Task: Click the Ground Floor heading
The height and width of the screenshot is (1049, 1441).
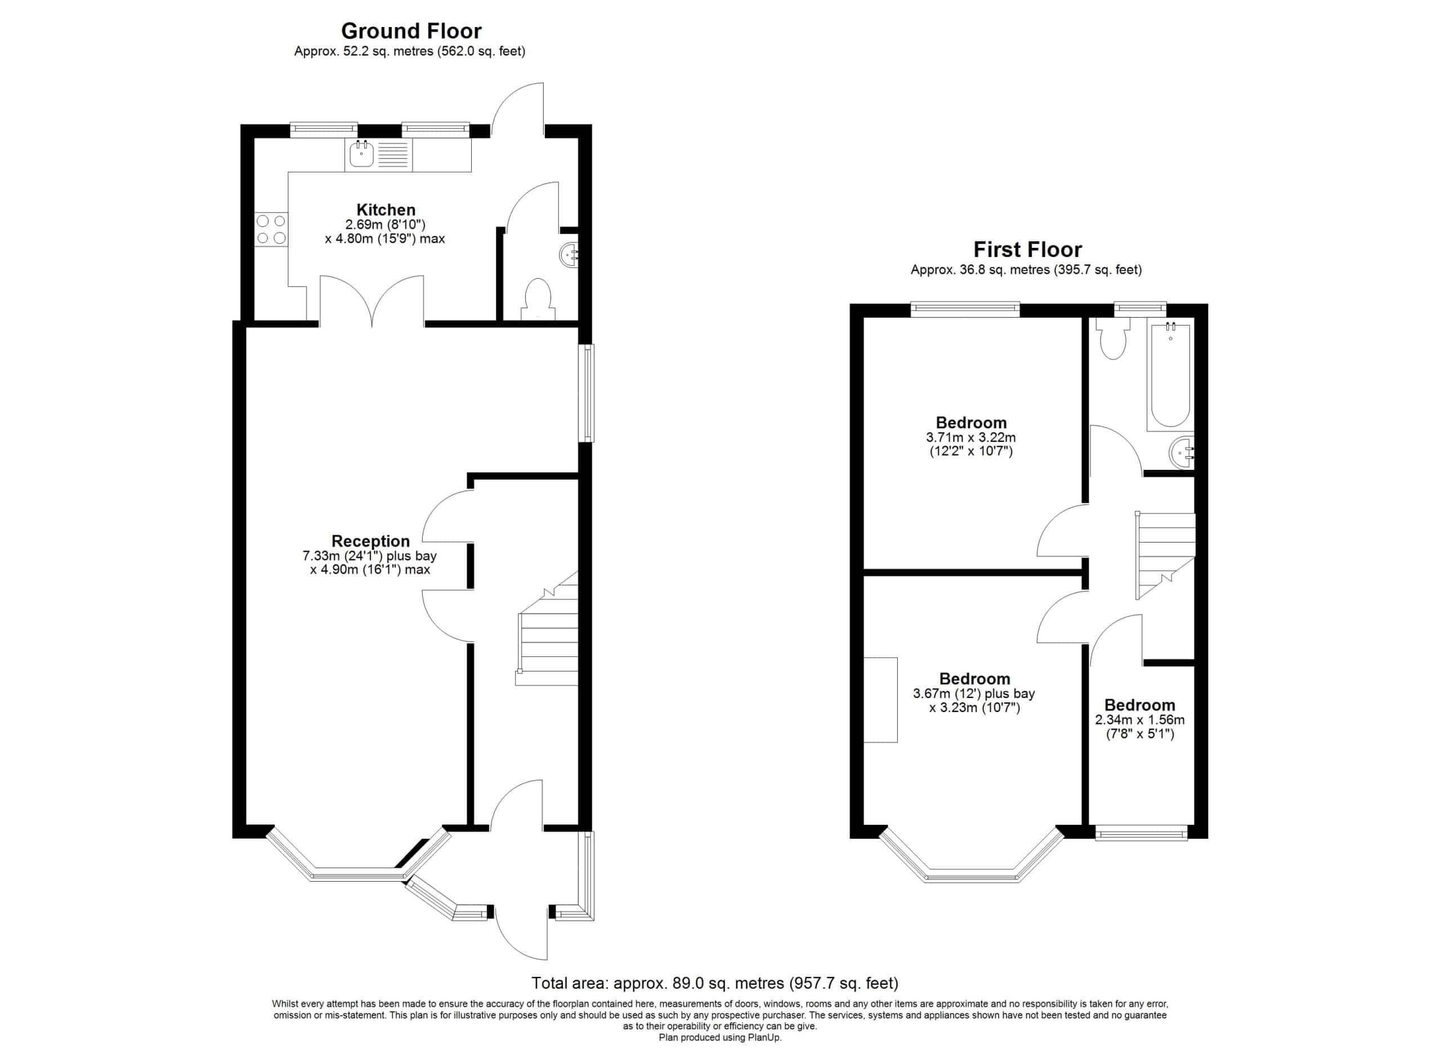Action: click(x=411, y=30)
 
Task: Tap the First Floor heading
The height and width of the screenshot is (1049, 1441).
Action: click(x=1027, y=249)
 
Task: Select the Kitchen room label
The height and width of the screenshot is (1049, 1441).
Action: click(x=386, y=210)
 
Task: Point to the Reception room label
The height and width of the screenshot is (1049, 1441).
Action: click(x=370, y=541)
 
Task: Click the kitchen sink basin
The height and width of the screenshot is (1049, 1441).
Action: click(x=361, y=154)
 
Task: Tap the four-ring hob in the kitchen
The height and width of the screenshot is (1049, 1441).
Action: click(x=271, y=229)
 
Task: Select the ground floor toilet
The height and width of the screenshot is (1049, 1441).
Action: click(x=538, y=299)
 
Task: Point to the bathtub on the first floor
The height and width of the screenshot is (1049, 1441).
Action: click(x=1170, y=374)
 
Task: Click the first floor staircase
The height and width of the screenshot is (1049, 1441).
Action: click(x=1165, y=555)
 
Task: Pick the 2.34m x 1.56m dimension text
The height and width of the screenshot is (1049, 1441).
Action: click(x=1140, y=721)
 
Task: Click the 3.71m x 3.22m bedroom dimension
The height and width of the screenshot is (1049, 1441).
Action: click(x=971, y=437)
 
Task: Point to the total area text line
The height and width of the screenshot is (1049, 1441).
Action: click(x=715, y=983)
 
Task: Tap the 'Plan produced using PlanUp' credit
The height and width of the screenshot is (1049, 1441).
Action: click(x=720, y=1038)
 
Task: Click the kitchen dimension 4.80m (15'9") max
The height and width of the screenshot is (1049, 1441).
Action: click(x=385, y=239)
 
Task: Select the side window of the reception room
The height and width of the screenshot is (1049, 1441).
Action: click(x=589, y=393)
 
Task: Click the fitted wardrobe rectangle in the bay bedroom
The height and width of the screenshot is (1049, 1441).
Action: click(x=880, y=699)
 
